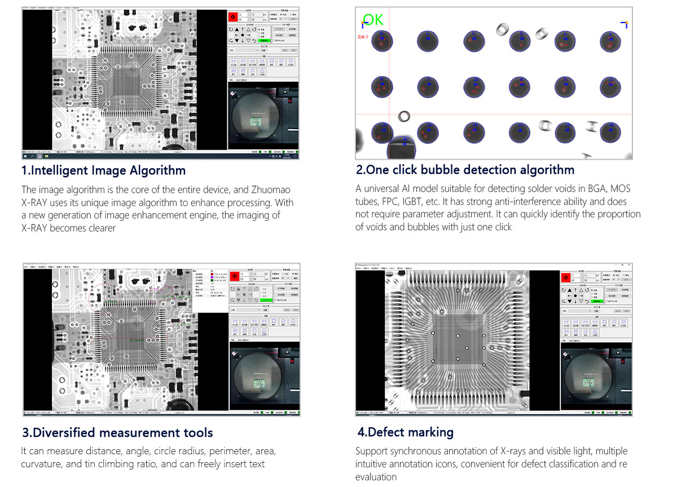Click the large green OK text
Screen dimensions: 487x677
[373, 20]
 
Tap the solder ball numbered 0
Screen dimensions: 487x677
[382, 41]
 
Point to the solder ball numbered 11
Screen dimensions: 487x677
[610, 86]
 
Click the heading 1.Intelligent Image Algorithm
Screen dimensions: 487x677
[103, 170]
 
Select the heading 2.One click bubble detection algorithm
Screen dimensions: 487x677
[465, 170]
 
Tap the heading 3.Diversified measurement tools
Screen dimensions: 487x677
[117, 433]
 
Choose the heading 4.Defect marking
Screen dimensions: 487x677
[405, 432]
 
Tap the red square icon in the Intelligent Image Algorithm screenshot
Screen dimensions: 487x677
[232, 17]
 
